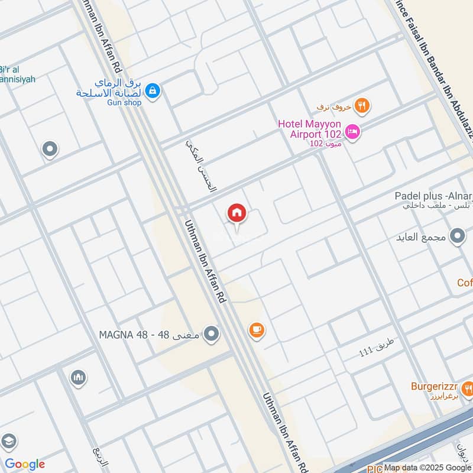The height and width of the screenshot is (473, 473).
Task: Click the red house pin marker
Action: [x=237, y=213]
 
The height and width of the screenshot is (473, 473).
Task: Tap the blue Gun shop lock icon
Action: [x=153, y=91]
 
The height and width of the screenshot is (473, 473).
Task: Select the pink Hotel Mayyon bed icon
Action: [x=352, y=132]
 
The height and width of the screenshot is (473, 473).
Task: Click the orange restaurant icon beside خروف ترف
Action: [x=362, y=106]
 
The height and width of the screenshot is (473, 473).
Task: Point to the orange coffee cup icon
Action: [x=256, y=330]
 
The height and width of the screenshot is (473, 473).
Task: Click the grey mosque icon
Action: [x=78, y=377]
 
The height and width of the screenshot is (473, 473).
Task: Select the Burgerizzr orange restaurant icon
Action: [x=468, y=388]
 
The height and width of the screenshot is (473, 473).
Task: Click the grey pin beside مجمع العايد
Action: [x=456, y=237]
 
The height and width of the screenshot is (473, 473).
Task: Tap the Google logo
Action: [x=25, y=464]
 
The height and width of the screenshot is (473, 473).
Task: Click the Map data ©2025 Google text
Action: [x=427, y=467]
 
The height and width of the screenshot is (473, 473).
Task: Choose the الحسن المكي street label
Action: [x=202, y=166]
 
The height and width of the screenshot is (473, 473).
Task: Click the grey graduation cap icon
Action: [x=8, y=442]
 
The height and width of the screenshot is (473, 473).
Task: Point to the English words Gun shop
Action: [x=125, y=103]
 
